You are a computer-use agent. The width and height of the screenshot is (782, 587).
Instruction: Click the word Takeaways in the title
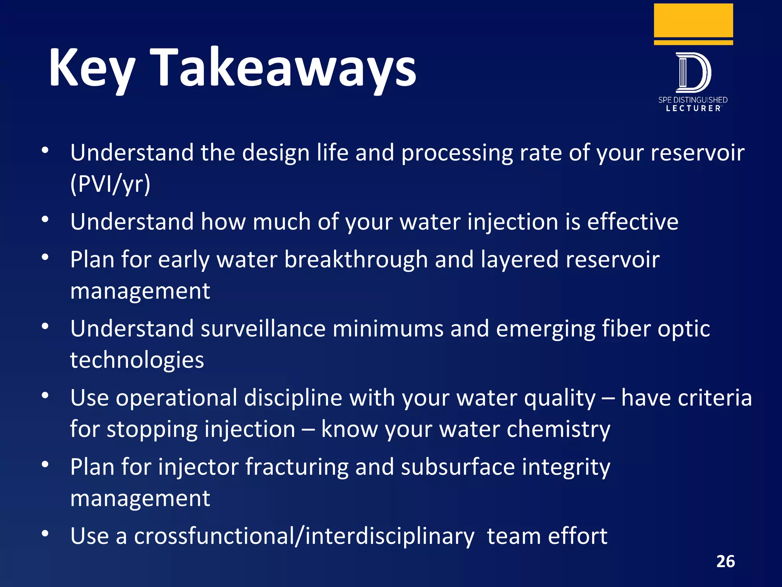click(283, 68)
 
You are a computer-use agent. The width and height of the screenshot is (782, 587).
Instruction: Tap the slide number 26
click(725, 561)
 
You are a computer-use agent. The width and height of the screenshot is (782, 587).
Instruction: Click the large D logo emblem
click(693, 73)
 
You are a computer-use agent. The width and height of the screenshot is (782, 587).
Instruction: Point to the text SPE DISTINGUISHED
click(693, 100)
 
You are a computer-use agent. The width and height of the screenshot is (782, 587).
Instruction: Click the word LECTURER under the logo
click(693, 109)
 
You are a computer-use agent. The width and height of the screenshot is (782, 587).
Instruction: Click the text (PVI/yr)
click(110, 184)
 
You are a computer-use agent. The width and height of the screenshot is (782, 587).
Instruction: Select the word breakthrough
click(356, 260)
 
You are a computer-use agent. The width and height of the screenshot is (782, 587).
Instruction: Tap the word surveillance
click(263, 329)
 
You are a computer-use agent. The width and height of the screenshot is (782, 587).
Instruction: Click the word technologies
click(137, 360)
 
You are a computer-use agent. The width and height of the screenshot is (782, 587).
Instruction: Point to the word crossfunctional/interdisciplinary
click(304, 536)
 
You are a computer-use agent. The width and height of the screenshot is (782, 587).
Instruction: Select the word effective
click(632, 222)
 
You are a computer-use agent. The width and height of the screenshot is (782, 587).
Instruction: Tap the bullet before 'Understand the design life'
click(45, 150)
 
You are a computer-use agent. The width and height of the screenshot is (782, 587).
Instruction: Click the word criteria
click(686, 398)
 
